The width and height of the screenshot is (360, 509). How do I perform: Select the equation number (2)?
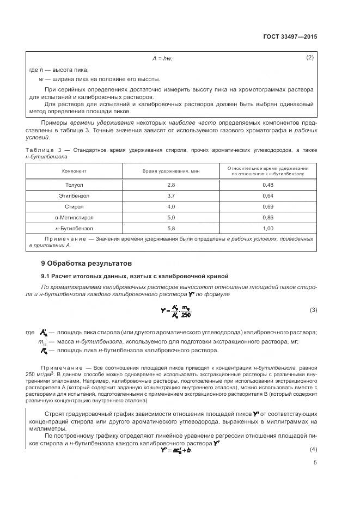click(x=310, y=58)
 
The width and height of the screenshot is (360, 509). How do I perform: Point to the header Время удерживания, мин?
click(x=171, y=171)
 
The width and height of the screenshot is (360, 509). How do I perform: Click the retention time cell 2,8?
click(x=171, y=185)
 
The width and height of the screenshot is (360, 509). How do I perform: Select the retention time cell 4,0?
click(x=171, y=206)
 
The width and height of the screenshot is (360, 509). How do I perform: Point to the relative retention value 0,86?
click(x=268, y=217)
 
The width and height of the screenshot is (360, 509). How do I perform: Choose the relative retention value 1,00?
click(x=268, y=228)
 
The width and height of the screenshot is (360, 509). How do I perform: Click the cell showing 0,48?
click(x=268, y=185)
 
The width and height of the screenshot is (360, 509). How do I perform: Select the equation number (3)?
click(x=313, y=310)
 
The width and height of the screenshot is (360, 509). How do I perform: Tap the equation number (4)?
click(x=313, y=449)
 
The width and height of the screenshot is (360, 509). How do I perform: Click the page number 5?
click(x=315, y=463)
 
